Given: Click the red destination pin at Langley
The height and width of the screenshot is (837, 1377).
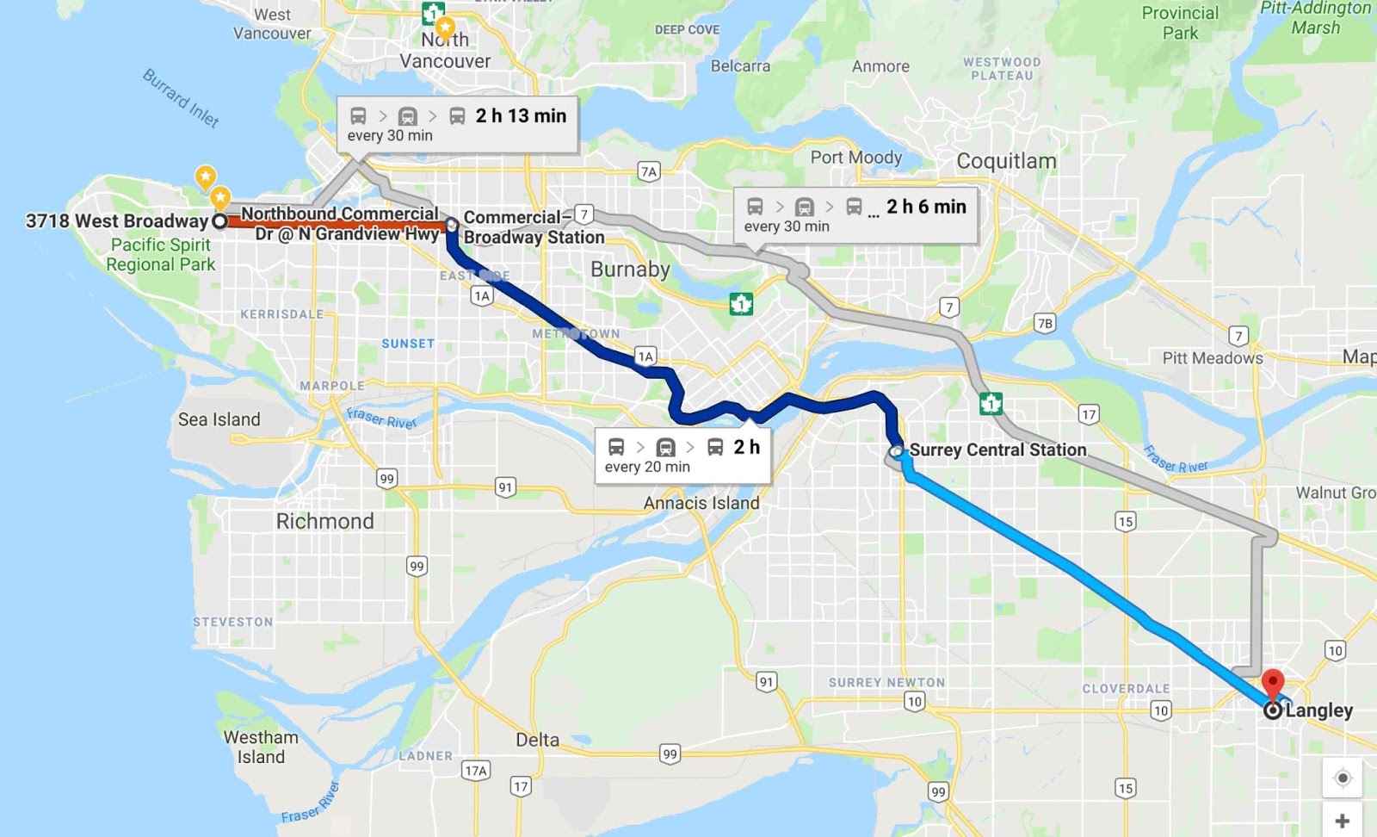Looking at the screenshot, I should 1272,686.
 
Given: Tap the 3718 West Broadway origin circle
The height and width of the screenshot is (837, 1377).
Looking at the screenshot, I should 219,221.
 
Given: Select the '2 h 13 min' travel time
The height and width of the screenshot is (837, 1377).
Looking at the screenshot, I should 521,116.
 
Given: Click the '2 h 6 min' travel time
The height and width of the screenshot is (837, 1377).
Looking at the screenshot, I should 926,207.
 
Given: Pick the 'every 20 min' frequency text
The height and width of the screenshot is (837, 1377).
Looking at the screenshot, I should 647,467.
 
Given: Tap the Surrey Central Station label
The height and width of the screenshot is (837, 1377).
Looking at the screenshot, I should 997,449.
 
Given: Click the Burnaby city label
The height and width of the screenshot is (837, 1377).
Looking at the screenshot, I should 630,270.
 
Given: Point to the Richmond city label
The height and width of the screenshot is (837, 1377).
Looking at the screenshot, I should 324,521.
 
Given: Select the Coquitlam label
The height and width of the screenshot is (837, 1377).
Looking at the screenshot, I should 1006,161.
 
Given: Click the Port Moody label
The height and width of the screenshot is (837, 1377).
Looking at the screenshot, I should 855,157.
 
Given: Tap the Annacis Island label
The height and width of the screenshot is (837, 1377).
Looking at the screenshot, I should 701,503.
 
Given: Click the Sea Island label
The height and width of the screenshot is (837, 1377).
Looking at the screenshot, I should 219,419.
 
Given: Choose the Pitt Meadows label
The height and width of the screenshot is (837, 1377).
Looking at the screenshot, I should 1212,357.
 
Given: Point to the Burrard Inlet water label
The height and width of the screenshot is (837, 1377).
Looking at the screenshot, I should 181,98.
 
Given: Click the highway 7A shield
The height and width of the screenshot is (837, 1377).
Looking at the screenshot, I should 649,171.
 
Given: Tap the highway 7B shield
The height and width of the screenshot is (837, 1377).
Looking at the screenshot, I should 1045,323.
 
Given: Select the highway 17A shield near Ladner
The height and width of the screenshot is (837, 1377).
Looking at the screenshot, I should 476,770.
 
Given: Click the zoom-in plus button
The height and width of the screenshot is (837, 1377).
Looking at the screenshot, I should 1342,821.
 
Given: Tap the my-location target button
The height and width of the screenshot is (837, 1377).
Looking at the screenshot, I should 1342,778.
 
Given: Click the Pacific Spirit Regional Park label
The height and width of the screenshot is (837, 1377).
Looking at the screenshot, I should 161,254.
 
